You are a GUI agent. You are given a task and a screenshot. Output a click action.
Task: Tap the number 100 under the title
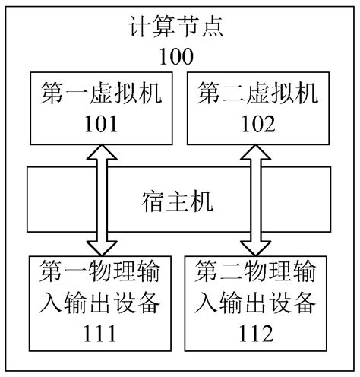[x=179, y=57]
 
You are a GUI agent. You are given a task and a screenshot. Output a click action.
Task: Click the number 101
[x=101, y=122]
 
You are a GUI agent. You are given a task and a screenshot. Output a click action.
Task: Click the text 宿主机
[x=180, y=202]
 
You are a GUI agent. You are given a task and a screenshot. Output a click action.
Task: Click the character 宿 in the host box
[x=153, y=202]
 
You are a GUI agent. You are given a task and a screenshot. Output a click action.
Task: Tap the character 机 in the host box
[x=207, y=202]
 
